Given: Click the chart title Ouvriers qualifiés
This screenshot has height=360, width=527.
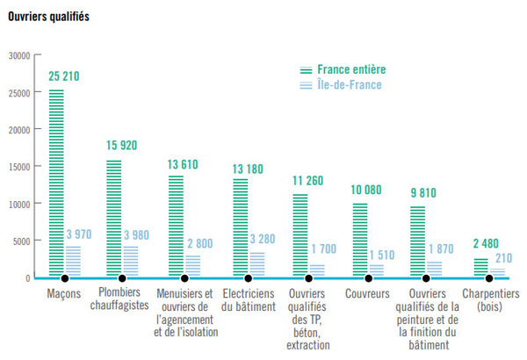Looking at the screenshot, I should (x=47, y=17).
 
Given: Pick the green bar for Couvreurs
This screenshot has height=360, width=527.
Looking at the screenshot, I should (x=359, y=241).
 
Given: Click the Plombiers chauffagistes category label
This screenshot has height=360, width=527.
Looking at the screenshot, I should (x=120, y=299).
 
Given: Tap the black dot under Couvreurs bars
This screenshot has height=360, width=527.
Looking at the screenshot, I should (x=369, y=278).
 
